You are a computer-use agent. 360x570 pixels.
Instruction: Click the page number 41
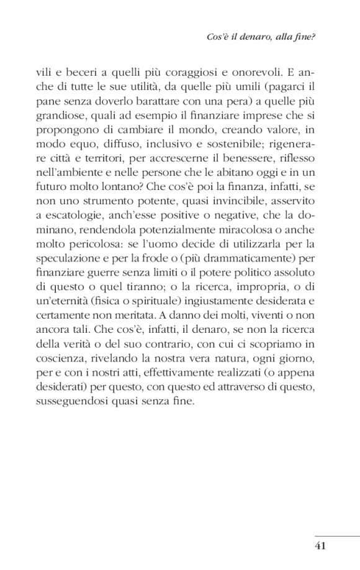pyautogui.click(x=320, y=546)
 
